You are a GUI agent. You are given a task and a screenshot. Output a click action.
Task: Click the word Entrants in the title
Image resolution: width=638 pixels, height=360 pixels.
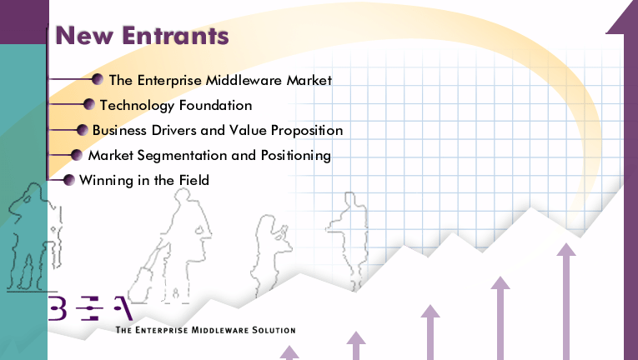175,35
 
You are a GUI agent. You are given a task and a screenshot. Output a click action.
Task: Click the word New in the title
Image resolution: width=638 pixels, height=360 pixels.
84,35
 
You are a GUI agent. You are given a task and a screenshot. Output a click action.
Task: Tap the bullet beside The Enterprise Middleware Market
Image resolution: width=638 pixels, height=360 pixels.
98,79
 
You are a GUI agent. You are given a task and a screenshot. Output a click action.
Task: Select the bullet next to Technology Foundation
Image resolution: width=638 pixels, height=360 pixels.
88,104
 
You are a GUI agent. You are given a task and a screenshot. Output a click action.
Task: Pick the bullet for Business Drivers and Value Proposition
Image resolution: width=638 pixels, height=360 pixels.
83,130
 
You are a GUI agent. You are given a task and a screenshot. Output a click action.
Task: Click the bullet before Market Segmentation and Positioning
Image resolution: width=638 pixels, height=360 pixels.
76,155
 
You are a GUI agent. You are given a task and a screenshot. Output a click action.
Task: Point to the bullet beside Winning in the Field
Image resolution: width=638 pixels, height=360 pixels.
68,180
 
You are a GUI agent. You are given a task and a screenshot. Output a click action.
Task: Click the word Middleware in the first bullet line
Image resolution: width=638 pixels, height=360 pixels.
244,80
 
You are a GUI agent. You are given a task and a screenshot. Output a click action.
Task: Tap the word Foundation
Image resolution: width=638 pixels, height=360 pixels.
216,105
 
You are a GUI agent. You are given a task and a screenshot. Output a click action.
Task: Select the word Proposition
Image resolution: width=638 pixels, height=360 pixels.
307,131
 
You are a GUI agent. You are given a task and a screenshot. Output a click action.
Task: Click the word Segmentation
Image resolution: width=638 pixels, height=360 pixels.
182,156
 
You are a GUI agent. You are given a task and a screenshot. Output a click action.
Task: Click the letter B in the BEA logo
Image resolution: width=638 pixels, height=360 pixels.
58,308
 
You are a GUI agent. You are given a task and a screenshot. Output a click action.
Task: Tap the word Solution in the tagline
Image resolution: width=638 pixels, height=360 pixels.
274,330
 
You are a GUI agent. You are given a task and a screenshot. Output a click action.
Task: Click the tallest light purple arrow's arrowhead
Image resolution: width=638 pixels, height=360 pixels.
565,250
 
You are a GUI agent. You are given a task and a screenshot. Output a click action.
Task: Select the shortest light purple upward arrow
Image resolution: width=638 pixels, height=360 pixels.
289,352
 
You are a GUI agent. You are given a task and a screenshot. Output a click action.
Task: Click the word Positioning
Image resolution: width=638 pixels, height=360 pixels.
296,156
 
